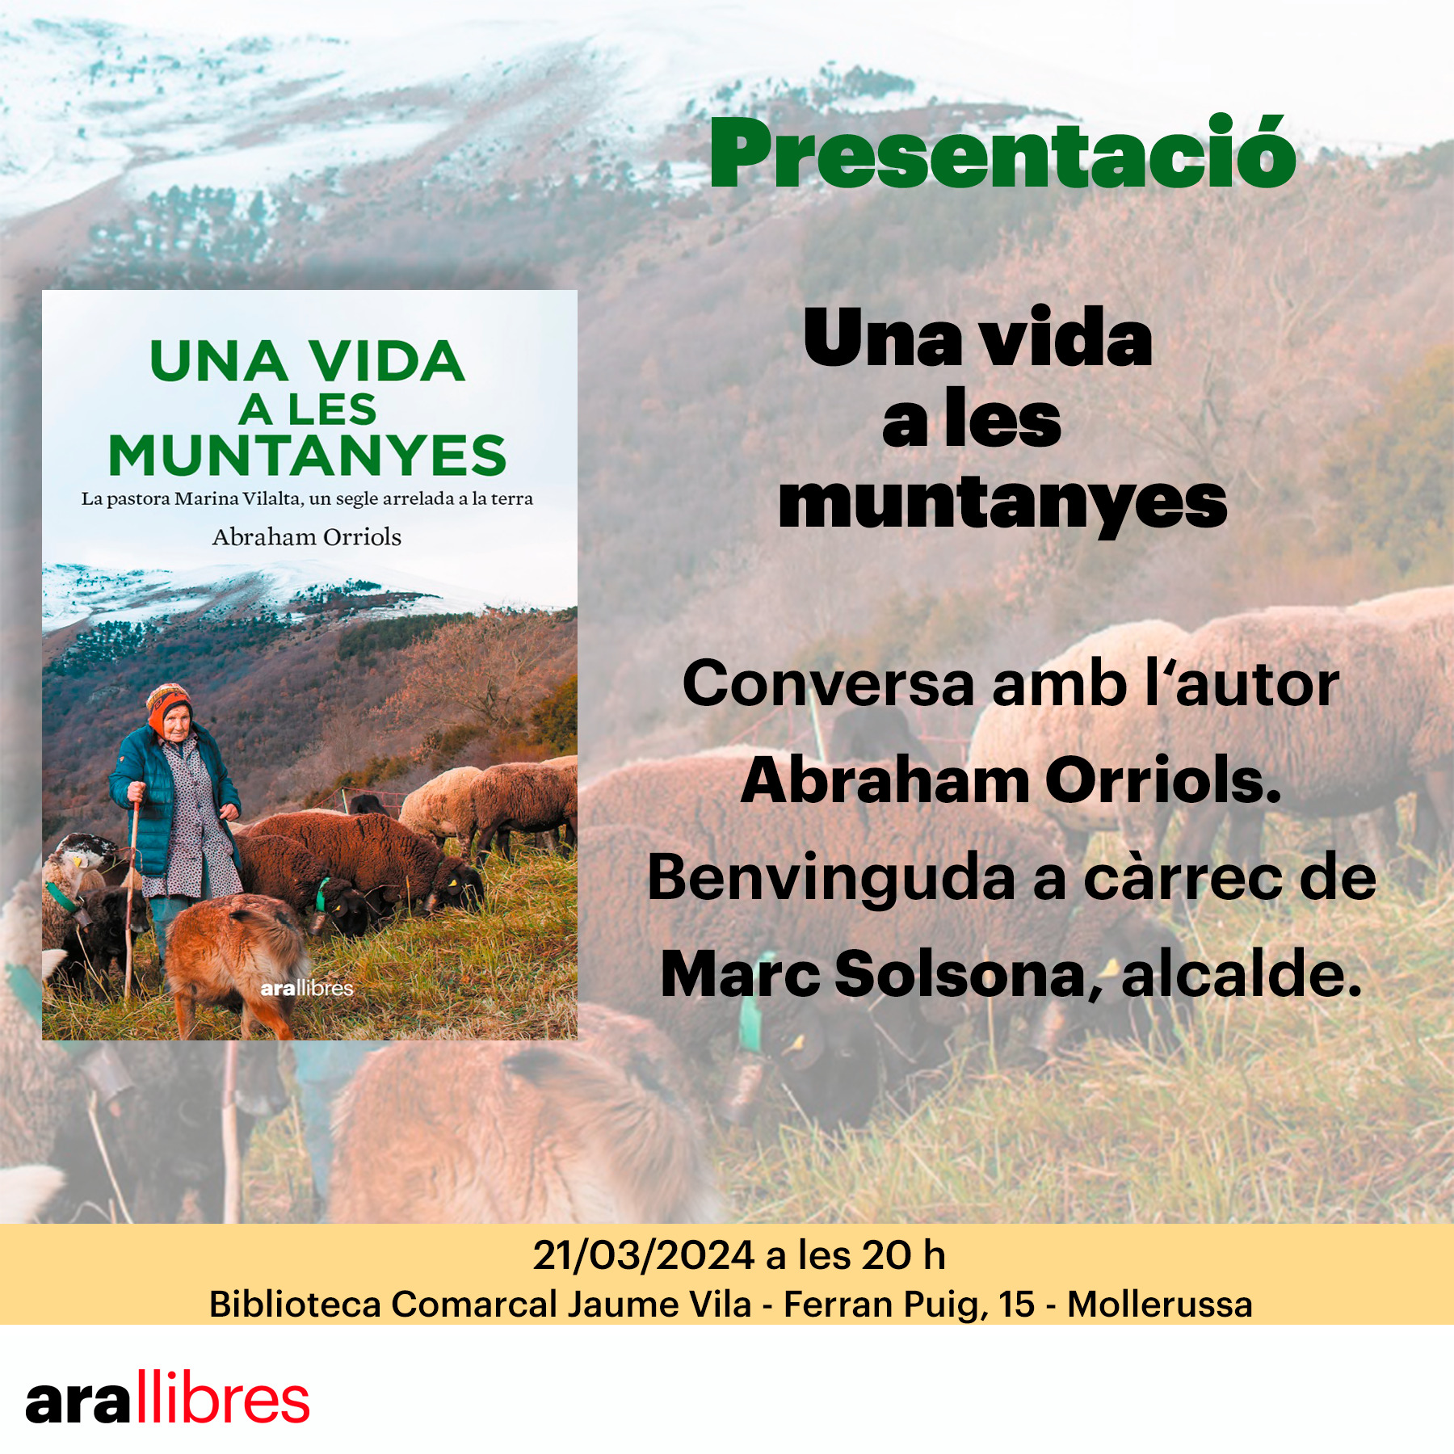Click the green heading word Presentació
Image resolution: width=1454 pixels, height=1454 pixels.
[x=1002, y=152]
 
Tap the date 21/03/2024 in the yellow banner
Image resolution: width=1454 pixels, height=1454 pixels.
[x=644, y=1255]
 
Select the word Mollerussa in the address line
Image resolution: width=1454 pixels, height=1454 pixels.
[x=1159, y=1305]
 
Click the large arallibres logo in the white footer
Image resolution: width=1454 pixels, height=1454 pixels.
[x=168, y=1397]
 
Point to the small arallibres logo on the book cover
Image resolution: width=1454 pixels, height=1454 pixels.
[x=307, y=988]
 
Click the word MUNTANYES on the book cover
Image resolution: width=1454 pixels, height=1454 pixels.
[x=307, y=456]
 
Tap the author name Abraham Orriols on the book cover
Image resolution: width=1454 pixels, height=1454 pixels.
[x=307, y=537]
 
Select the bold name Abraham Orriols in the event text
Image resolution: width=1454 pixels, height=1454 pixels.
[x=1011, y=781]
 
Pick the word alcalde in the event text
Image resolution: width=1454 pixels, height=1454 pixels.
[x=1242, y=974]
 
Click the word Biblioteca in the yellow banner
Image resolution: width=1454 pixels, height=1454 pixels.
[x=295, y=1305]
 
